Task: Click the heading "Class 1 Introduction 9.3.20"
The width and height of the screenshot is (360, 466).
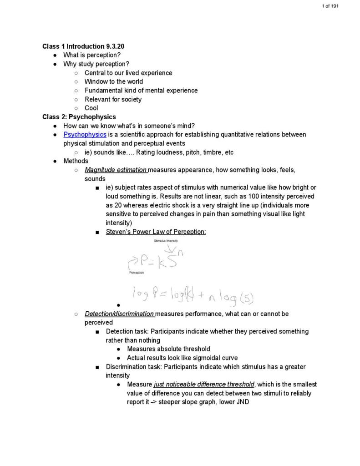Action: pos(83,46)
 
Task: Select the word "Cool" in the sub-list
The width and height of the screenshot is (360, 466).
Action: pos(91,108)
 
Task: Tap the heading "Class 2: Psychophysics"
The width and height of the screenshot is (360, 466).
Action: pos(79,117)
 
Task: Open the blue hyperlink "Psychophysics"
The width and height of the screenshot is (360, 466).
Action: pos(85,135)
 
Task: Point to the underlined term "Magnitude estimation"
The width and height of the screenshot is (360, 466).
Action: pos(115,170)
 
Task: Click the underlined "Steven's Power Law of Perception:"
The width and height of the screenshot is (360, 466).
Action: pos(156,232)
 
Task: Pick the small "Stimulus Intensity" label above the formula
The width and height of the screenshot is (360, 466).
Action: pos(166,241)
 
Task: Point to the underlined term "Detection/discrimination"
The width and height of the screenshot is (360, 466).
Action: pos(119,314)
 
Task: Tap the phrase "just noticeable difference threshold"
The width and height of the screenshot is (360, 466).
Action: pos(204,385)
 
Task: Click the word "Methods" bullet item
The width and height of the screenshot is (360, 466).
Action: pos(76,161)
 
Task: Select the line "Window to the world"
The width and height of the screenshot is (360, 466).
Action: pos(113,81)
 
